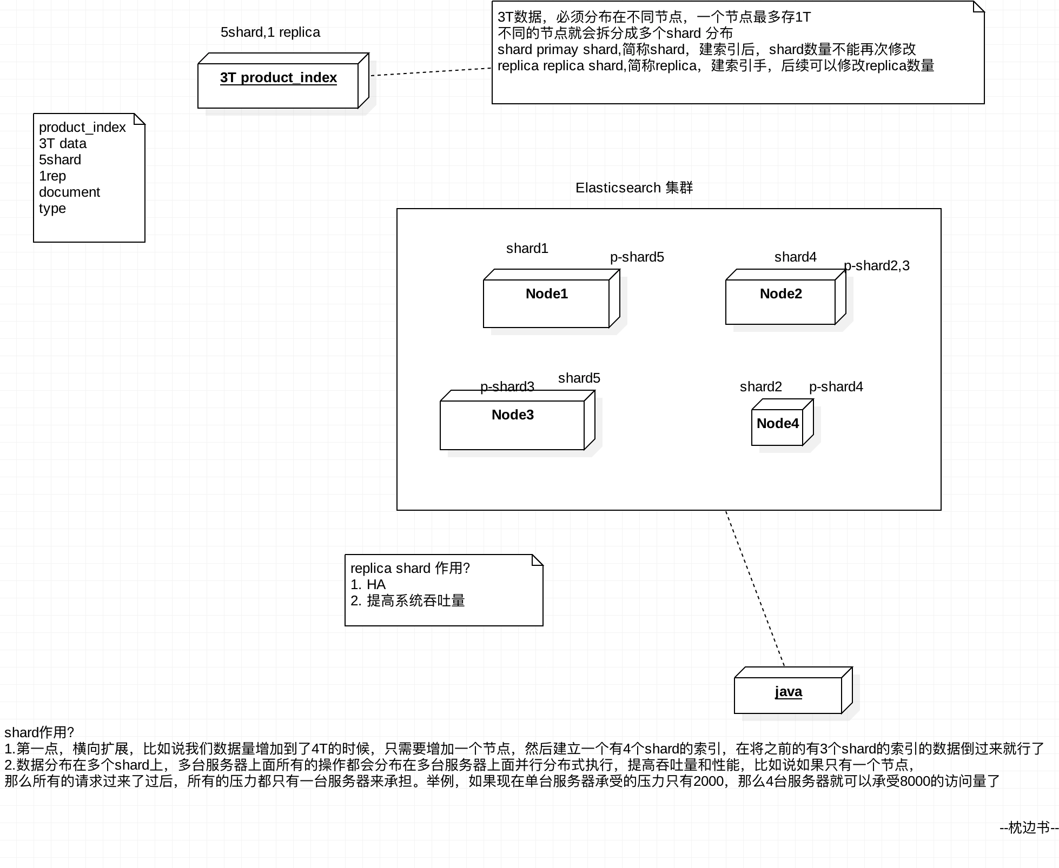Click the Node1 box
tap(552, 298)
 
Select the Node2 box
tap(786, 297)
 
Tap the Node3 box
tap(518, 420)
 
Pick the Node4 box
tap(783, 422)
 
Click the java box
tap(793, 690)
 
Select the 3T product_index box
tap(283, 81)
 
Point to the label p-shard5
tap(637, 257)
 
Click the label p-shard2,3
tap(877, 266)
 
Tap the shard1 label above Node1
tap(527, 249)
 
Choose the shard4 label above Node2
tap(796, 257)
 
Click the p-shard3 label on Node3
tap(507, 387)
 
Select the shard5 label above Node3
tap(579, 378)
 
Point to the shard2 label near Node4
tap(761, 387)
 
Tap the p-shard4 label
tap(836, 387)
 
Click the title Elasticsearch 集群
tap(634, 188)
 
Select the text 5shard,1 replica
tap(270, 32)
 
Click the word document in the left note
tap(69, 192)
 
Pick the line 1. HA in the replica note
tap(368, 585)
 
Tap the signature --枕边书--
tap(1029, 828)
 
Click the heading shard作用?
tap(39, 732)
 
